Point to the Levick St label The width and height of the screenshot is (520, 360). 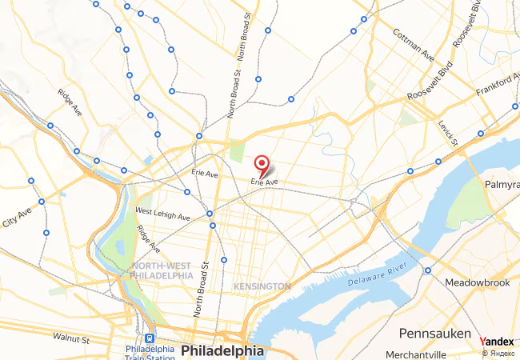tap(448, 133)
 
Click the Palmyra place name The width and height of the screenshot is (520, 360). tap(502, 185)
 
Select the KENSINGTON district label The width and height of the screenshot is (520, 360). tap(262, 286)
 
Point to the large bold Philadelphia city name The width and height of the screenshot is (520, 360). tap(222, 351)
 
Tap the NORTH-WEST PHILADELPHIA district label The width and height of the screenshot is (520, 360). tap(162, 270)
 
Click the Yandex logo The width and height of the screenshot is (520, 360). tap(497, 342)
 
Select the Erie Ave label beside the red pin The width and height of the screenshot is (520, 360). tap(264, 182)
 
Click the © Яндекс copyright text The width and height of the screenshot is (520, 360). tap(499, 353)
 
